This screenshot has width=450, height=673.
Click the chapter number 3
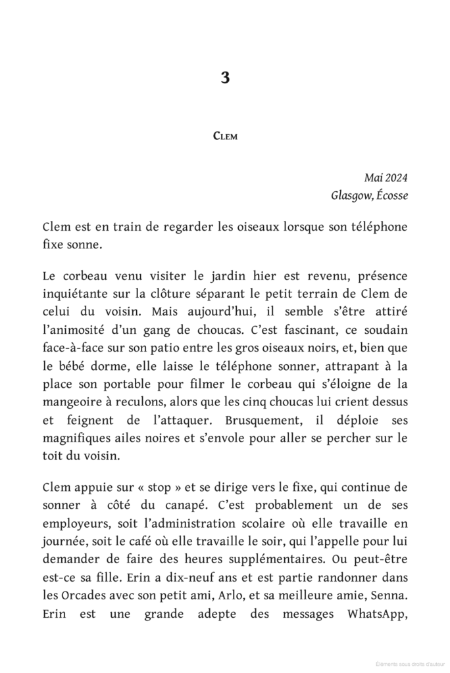pyautogui.click(x=225, y=78)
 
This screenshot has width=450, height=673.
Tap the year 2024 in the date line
pyautogui.click(x=397, y=177)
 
